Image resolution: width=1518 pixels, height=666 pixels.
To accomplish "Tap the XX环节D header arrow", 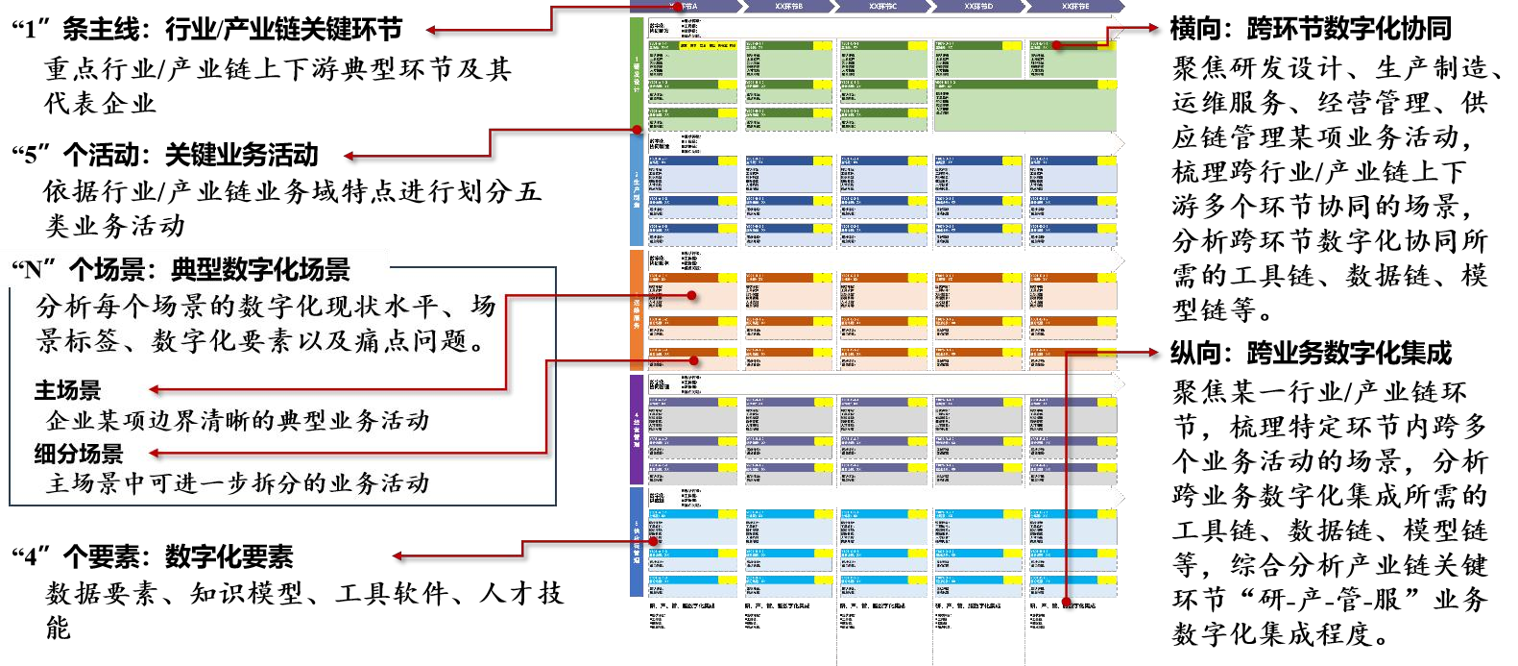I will click(978, 7).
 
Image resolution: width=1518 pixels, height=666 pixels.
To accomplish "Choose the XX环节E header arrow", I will click(1074, 7).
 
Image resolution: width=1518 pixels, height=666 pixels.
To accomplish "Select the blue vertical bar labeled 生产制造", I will click(636, 189).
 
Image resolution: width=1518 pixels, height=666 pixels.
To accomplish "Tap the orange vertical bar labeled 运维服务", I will click(636, 309).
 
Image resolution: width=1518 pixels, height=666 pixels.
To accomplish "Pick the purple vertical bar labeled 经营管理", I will click(636, 429).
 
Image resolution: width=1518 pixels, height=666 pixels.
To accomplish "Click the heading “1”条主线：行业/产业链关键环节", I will click(207, 30).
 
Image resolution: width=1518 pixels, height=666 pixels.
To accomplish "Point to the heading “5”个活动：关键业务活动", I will click(165, 155).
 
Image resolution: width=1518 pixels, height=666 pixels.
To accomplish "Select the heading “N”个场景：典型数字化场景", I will click(181, 269).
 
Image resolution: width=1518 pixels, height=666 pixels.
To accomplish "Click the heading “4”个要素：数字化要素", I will click(153, 556).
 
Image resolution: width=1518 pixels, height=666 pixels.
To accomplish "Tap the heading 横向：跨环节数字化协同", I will click(1311, 29).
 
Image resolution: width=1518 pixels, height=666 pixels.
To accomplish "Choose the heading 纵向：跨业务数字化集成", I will click(1311, 354).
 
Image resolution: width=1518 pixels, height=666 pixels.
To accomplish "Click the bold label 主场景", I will click(67, 390).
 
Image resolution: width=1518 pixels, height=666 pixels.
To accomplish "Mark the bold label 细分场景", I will click(79, 454).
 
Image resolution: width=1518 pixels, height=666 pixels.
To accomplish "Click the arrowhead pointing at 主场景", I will click(155, 389).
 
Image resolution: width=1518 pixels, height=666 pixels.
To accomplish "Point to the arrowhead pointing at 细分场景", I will click(155, 453).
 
